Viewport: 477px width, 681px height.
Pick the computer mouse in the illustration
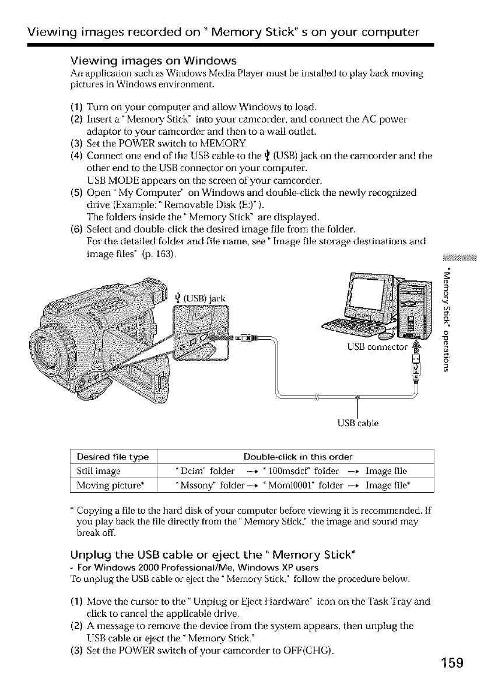[387, 335]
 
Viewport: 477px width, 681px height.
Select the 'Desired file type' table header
[111, 455]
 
